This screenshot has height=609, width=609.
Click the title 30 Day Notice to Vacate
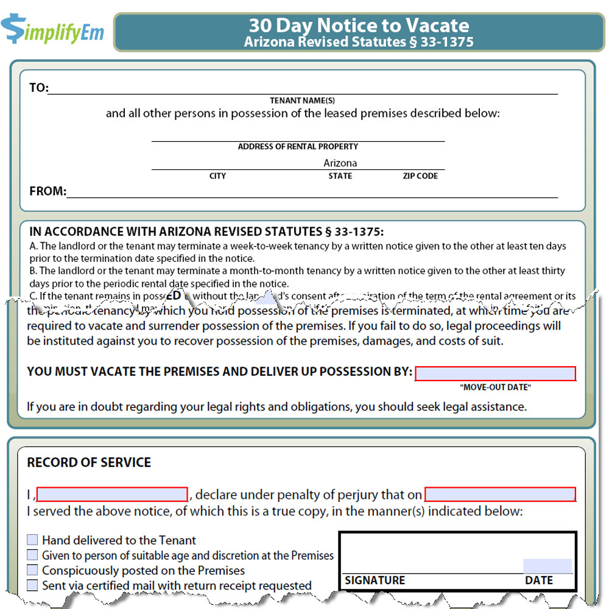click(x=359, y=25)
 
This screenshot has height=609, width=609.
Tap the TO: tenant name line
click(x=303, y=89)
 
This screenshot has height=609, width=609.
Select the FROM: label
click(x=48, y=191)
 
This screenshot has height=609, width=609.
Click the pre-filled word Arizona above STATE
click(x=340, y=163)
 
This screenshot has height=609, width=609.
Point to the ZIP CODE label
click(x=420, y=176)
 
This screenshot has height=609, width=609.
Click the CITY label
click(x=217, y=176)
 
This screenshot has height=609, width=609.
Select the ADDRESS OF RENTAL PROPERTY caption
click(x=298, y=147)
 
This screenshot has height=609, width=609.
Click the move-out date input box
click(x=495, y=373)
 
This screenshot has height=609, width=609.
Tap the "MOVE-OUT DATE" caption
click(x=495, y=387)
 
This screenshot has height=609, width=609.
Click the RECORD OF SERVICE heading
click(x=89, y=462)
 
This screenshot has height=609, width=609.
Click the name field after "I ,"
click(x=112, y=494)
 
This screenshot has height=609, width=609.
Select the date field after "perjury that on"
click(x=500, y=494)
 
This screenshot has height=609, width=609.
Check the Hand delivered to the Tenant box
click(x=32, y=540)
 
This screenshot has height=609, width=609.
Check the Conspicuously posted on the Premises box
click(x=32, y=571)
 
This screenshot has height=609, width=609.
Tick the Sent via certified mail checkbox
click(x=32, y=586)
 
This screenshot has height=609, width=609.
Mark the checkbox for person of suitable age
click(x=32, y=555)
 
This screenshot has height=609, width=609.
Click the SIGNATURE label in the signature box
click(x=375, y=580)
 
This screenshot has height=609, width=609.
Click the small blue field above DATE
click(x=547, y=566)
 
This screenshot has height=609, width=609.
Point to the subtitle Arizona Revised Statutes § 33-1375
click(x=359, y=42)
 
